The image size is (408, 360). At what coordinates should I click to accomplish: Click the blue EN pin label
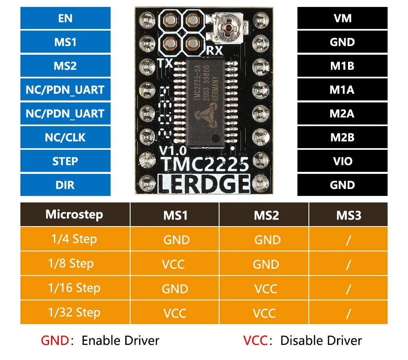(x=65, y=18)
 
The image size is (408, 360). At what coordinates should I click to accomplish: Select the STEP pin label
(x=65, y=161)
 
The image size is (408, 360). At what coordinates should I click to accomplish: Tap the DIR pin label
(x=65, y=185)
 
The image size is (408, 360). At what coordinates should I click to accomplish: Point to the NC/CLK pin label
(x=65, y=138)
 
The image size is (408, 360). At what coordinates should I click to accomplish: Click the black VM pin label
(x=342, y=18)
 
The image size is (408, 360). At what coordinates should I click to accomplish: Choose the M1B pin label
(x=342, y=66)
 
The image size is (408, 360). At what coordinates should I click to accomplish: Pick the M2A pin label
(x=342, y=113)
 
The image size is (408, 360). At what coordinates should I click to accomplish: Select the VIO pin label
(x=342, y=161)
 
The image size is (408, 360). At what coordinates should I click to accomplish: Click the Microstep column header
(x=75, y=215)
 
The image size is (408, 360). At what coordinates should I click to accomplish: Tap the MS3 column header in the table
(x=348, y=215)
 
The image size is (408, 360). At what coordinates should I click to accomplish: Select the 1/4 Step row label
(x=75, y=239)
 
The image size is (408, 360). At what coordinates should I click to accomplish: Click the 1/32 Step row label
(x=75, y=313)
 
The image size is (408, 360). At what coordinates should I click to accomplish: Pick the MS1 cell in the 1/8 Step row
(x=174, y=264)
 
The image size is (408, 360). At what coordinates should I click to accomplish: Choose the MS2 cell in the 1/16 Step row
(x=266, y=289)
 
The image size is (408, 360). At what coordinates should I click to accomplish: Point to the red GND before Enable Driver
(x=55, y=340)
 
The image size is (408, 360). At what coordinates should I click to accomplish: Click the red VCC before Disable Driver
(x=255, y=340)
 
